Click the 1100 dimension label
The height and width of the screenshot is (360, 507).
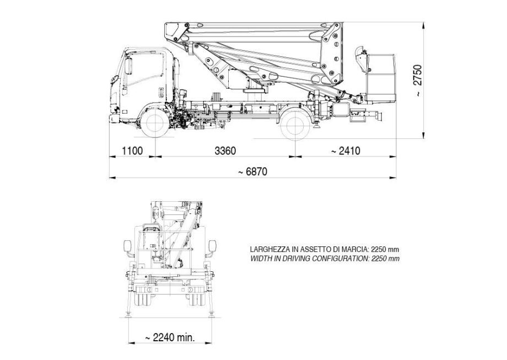click(132, 151)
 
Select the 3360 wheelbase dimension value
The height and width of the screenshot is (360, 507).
click(225, 151)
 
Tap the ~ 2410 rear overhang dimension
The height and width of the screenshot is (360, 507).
click(346, 151)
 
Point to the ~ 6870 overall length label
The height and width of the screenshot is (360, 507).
click(252, 171)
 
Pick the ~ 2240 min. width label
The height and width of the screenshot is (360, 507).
click(170, 338)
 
